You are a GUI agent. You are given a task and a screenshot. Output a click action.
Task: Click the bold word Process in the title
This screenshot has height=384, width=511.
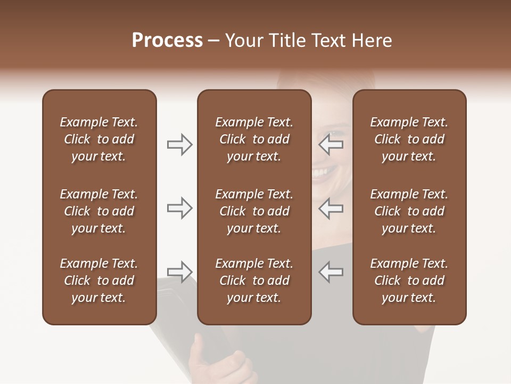tap(167, 41)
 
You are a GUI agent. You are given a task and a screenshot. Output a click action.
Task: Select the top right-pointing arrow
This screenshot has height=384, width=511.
tap(180, 145)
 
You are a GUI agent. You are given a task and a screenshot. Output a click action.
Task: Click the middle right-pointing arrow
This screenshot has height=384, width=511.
tap(180, 208)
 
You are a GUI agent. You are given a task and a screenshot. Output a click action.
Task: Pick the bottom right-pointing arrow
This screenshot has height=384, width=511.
tap(180, 271)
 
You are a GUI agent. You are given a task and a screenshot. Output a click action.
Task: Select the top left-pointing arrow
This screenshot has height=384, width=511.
tap(331, 145)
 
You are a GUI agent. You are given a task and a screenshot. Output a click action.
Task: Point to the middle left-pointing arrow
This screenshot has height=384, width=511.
tap(331, 208)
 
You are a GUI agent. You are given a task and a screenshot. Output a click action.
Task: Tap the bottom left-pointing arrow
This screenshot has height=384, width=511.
tap(331, 271)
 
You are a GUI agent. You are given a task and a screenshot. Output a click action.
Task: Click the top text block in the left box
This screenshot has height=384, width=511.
tap(99, 139)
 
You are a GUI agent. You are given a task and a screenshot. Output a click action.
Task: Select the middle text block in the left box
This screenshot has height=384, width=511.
tap(99, 211)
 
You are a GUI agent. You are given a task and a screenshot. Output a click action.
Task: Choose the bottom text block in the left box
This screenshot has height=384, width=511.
tap(99, 281)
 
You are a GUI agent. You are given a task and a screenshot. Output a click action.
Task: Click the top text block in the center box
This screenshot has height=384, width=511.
tap(254, 139)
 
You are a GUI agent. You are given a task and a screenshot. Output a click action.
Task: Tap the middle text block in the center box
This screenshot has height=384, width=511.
tap(254, 211)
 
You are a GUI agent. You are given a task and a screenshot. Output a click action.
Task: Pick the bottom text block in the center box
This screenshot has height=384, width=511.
tap(254, 281)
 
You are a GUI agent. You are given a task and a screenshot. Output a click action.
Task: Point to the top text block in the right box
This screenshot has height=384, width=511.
tap(409, 139)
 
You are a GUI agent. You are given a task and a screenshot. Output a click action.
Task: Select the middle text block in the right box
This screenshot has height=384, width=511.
tap(409, 211)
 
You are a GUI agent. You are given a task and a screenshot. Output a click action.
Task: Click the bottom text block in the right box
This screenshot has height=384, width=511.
tap(409, 281)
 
